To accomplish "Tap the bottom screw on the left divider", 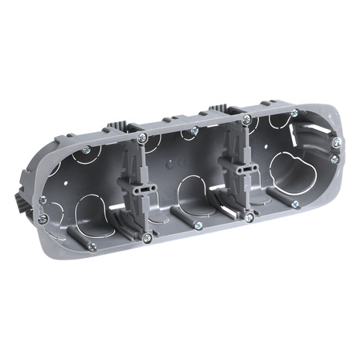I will click(x=147, y=237).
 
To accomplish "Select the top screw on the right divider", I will click(x=246, y=120).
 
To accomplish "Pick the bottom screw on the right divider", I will click(x=248, y=219).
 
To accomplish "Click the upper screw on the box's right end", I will click(x=336, y=142).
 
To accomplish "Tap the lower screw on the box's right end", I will click(x=334, y=160).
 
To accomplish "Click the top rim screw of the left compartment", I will click(x=86, y=149).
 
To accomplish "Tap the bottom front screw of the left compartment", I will click(x=92, y=246).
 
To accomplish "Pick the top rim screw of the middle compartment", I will click(x=194, y=131).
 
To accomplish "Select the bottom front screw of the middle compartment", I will click(x=198, y=226).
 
